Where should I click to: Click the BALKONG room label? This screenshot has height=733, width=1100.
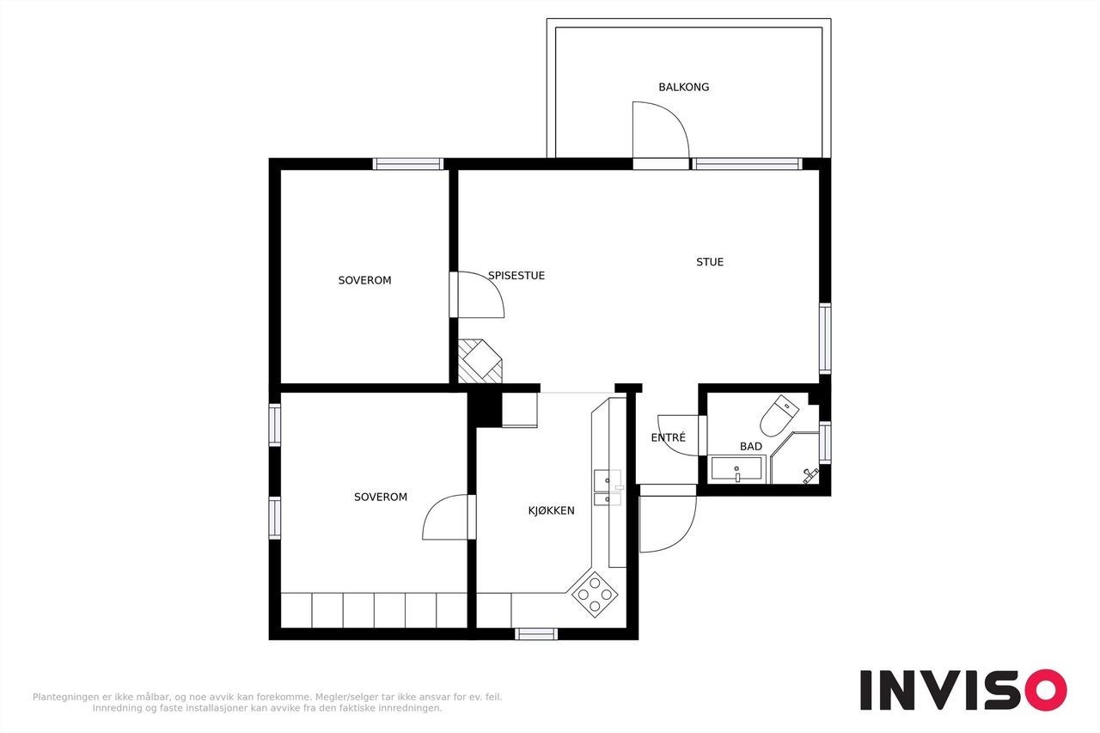[x=683, y=87]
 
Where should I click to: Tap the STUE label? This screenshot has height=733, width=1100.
[x=710, y=262]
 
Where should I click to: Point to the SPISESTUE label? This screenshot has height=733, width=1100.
[x=516, y=276]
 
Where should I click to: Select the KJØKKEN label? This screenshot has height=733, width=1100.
[x=551, y=510]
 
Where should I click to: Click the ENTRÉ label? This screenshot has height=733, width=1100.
[x=668, y=437]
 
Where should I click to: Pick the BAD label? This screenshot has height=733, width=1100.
[x=751, y=446]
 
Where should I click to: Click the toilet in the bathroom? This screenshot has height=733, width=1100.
[x=779, y=415]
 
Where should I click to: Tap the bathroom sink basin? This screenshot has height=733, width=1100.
[x=737, y=469]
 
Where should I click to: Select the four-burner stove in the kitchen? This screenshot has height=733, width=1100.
[x=595, y=594]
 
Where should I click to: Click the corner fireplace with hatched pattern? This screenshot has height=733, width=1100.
[x=480, y=362]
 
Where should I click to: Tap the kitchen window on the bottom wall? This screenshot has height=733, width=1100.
[x=536, y=634]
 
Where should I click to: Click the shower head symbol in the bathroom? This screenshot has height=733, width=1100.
[x=810, y=474]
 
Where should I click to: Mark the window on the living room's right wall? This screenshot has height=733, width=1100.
[x=825, y=339]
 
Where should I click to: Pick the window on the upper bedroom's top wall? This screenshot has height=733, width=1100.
[x=407, y=164]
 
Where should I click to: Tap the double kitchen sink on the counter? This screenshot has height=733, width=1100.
[x=608, y=487]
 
